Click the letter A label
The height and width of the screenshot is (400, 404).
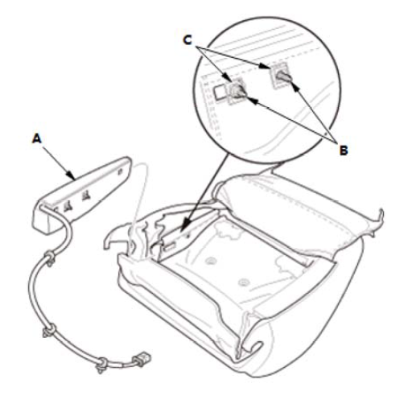[x=37, y=139]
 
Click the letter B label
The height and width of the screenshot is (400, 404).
[x=344, y=151]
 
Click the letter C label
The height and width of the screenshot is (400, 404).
[x=188, y=40]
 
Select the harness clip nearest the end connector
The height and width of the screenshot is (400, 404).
[x=102, y=365]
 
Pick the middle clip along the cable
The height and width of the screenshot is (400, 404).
[x=50, y=331]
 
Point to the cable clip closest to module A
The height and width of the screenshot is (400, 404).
[x=50, y=258]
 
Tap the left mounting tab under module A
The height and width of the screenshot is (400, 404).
[x=67, y=207]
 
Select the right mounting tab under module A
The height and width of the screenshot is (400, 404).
[x=86, y=196]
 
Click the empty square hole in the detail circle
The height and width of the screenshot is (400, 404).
[x=221, y=93]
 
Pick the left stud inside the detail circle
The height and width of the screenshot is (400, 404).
[x=238, y=91]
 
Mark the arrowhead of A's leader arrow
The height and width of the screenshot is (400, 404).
[x=72, y=176]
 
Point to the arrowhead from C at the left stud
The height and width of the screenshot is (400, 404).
[x=229, y=79]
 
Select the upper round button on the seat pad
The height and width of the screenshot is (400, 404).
[x=211, y=261]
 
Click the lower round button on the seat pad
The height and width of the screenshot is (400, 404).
[x=244, y=282]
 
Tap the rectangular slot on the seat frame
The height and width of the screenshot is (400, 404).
[x=170, y=246]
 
